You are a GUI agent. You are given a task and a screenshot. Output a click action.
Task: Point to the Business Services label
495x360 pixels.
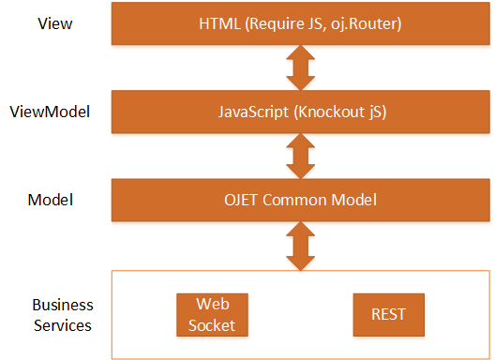[x=62, y=315]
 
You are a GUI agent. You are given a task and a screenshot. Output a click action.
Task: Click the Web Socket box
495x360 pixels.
[x=212, y=315]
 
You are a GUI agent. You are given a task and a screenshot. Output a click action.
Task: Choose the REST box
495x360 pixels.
[x=387, y=315]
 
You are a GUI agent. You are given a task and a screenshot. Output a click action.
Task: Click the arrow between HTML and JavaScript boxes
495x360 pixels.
[x=300, y=67]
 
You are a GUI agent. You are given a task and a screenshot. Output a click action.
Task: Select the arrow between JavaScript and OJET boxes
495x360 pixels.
[x=300, y=156]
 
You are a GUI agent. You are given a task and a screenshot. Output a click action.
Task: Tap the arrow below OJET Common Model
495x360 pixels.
[x=300, y=246]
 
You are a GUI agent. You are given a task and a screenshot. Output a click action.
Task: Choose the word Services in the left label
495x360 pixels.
[x=62, y=325]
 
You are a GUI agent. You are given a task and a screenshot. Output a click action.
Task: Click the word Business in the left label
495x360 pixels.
[x=63, y=306]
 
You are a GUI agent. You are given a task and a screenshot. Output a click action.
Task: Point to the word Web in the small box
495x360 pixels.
[x=212, y=306]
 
